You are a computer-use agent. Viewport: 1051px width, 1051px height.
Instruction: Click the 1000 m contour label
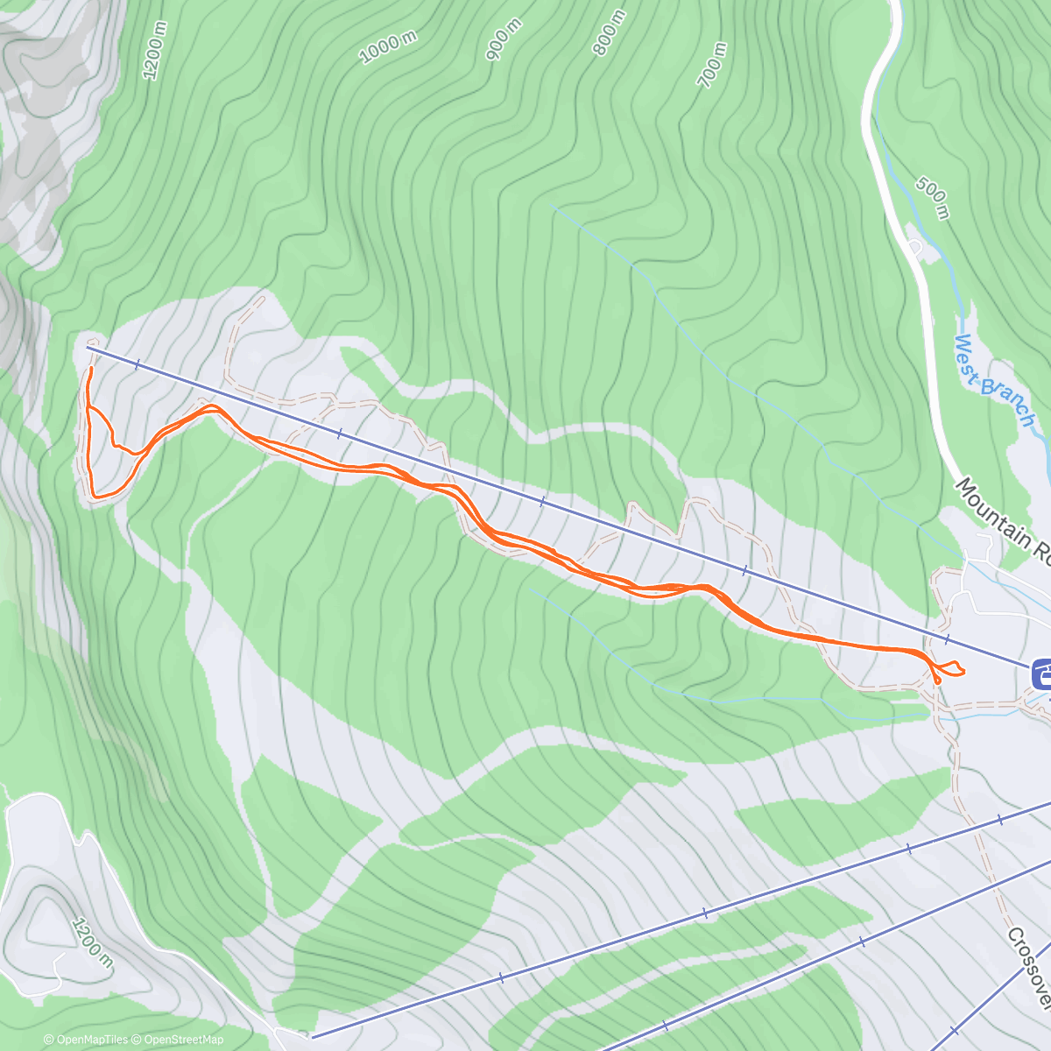387,48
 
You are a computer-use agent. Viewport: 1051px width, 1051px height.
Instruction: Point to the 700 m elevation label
712,66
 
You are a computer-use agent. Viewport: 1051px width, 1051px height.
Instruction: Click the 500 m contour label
932,198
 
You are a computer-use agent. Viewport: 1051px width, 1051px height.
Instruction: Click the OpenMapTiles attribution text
86,1040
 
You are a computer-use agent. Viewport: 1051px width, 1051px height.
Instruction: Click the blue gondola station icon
1041,675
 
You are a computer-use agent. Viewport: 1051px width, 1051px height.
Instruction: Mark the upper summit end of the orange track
90,369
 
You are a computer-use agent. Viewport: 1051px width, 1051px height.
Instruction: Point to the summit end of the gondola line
88,348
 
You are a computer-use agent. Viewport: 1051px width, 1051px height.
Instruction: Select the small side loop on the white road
916,247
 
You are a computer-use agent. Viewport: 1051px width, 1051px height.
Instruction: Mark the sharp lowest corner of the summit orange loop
95,497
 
